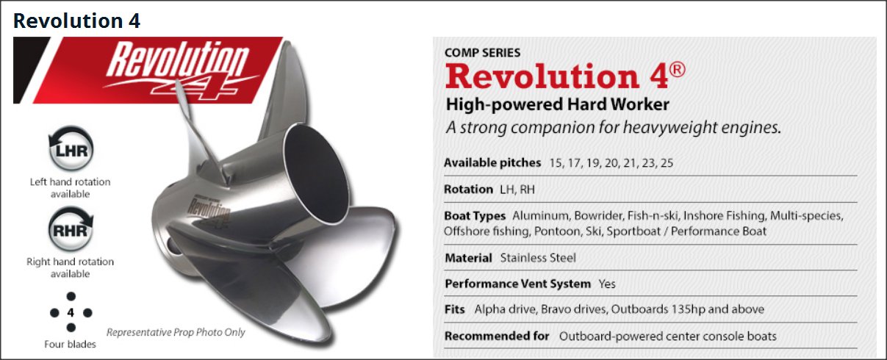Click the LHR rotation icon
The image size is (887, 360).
tap(71, 148)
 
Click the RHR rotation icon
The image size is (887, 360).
tap(71, 229)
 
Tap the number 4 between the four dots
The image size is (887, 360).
tap(71, 313)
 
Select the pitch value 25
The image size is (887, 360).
tap(667, 163)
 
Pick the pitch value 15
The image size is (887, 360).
tap(555, 163)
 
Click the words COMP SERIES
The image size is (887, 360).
tap(482, 53)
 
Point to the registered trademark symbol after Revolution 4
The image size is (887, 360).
tap(677, 70)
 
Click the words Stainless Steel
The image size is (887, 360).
tap(538, 258)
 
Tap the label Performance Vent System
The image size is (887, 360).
tap(517, 284)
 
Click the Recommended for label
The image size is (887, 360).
tap(497, 336)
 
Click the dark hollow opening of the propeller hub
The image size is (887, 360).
tap(316, 174)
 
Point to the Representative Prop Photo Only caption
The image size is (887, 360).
tap(176, 332)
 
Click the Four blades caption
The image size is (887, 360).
tap(70, 344)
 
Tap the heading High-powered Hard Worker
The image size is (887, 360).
tap(558, 104)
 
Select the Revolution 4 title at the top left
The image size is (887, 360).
tap(76, 21)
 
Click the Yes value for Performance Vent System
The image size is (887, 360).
tap(607, 284)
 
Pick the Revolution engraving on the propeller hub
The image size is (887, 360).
tap(209, 210)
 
